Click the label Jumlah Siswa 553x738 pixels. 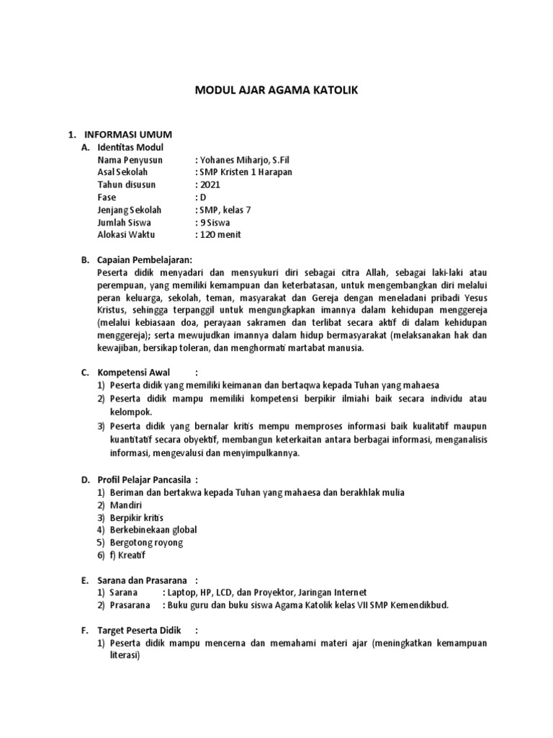(x=124, y=222)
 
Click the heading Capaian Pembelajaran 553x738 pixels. (x=145, y=259)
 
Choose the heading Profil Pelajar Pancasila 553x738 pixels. (x=145, y=479)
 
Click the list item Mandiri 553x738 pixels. (x=126, y=504)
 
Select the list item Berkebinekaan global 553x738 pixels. (x=153, y=530)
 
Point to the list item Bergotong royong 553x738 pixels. (x=147, y=542)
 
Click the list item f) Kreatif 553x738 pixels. (x=128, y=555)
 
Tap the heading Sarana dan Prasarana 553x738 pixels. (x=142, y=579)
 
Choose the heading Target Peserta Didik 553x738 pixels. (x=139, y=630)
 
